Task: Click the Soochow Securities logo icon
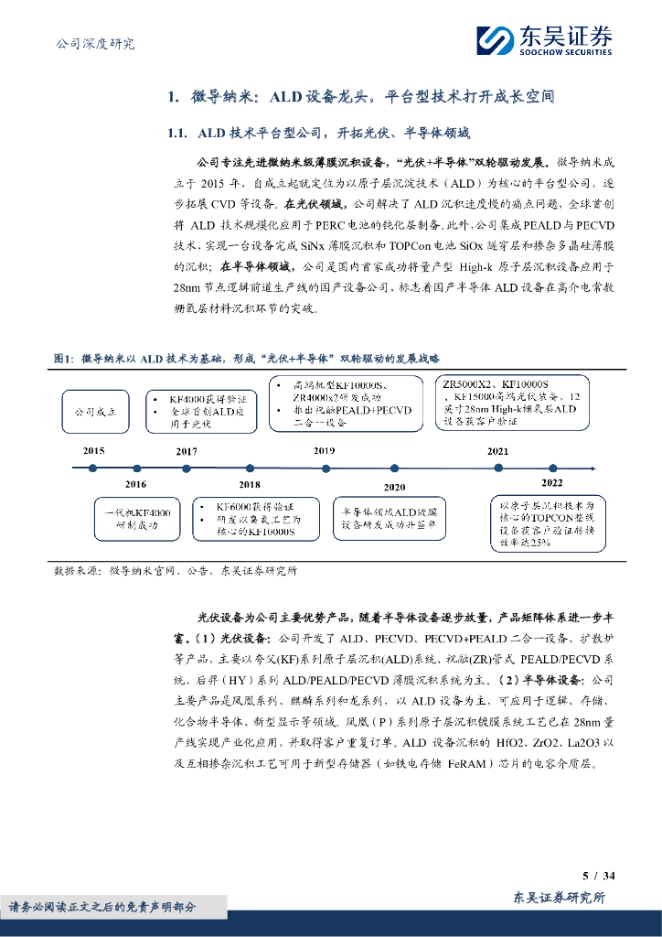496,41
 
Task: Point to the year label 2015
93,451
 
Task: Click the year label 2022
552,482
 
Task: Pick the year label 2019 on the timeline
324,451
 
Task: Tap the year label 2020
395,487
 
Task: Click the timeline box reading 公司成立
96,412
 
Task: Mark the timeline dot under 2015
93,468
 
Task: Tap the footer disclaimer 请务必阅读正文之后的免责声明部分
102,906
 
